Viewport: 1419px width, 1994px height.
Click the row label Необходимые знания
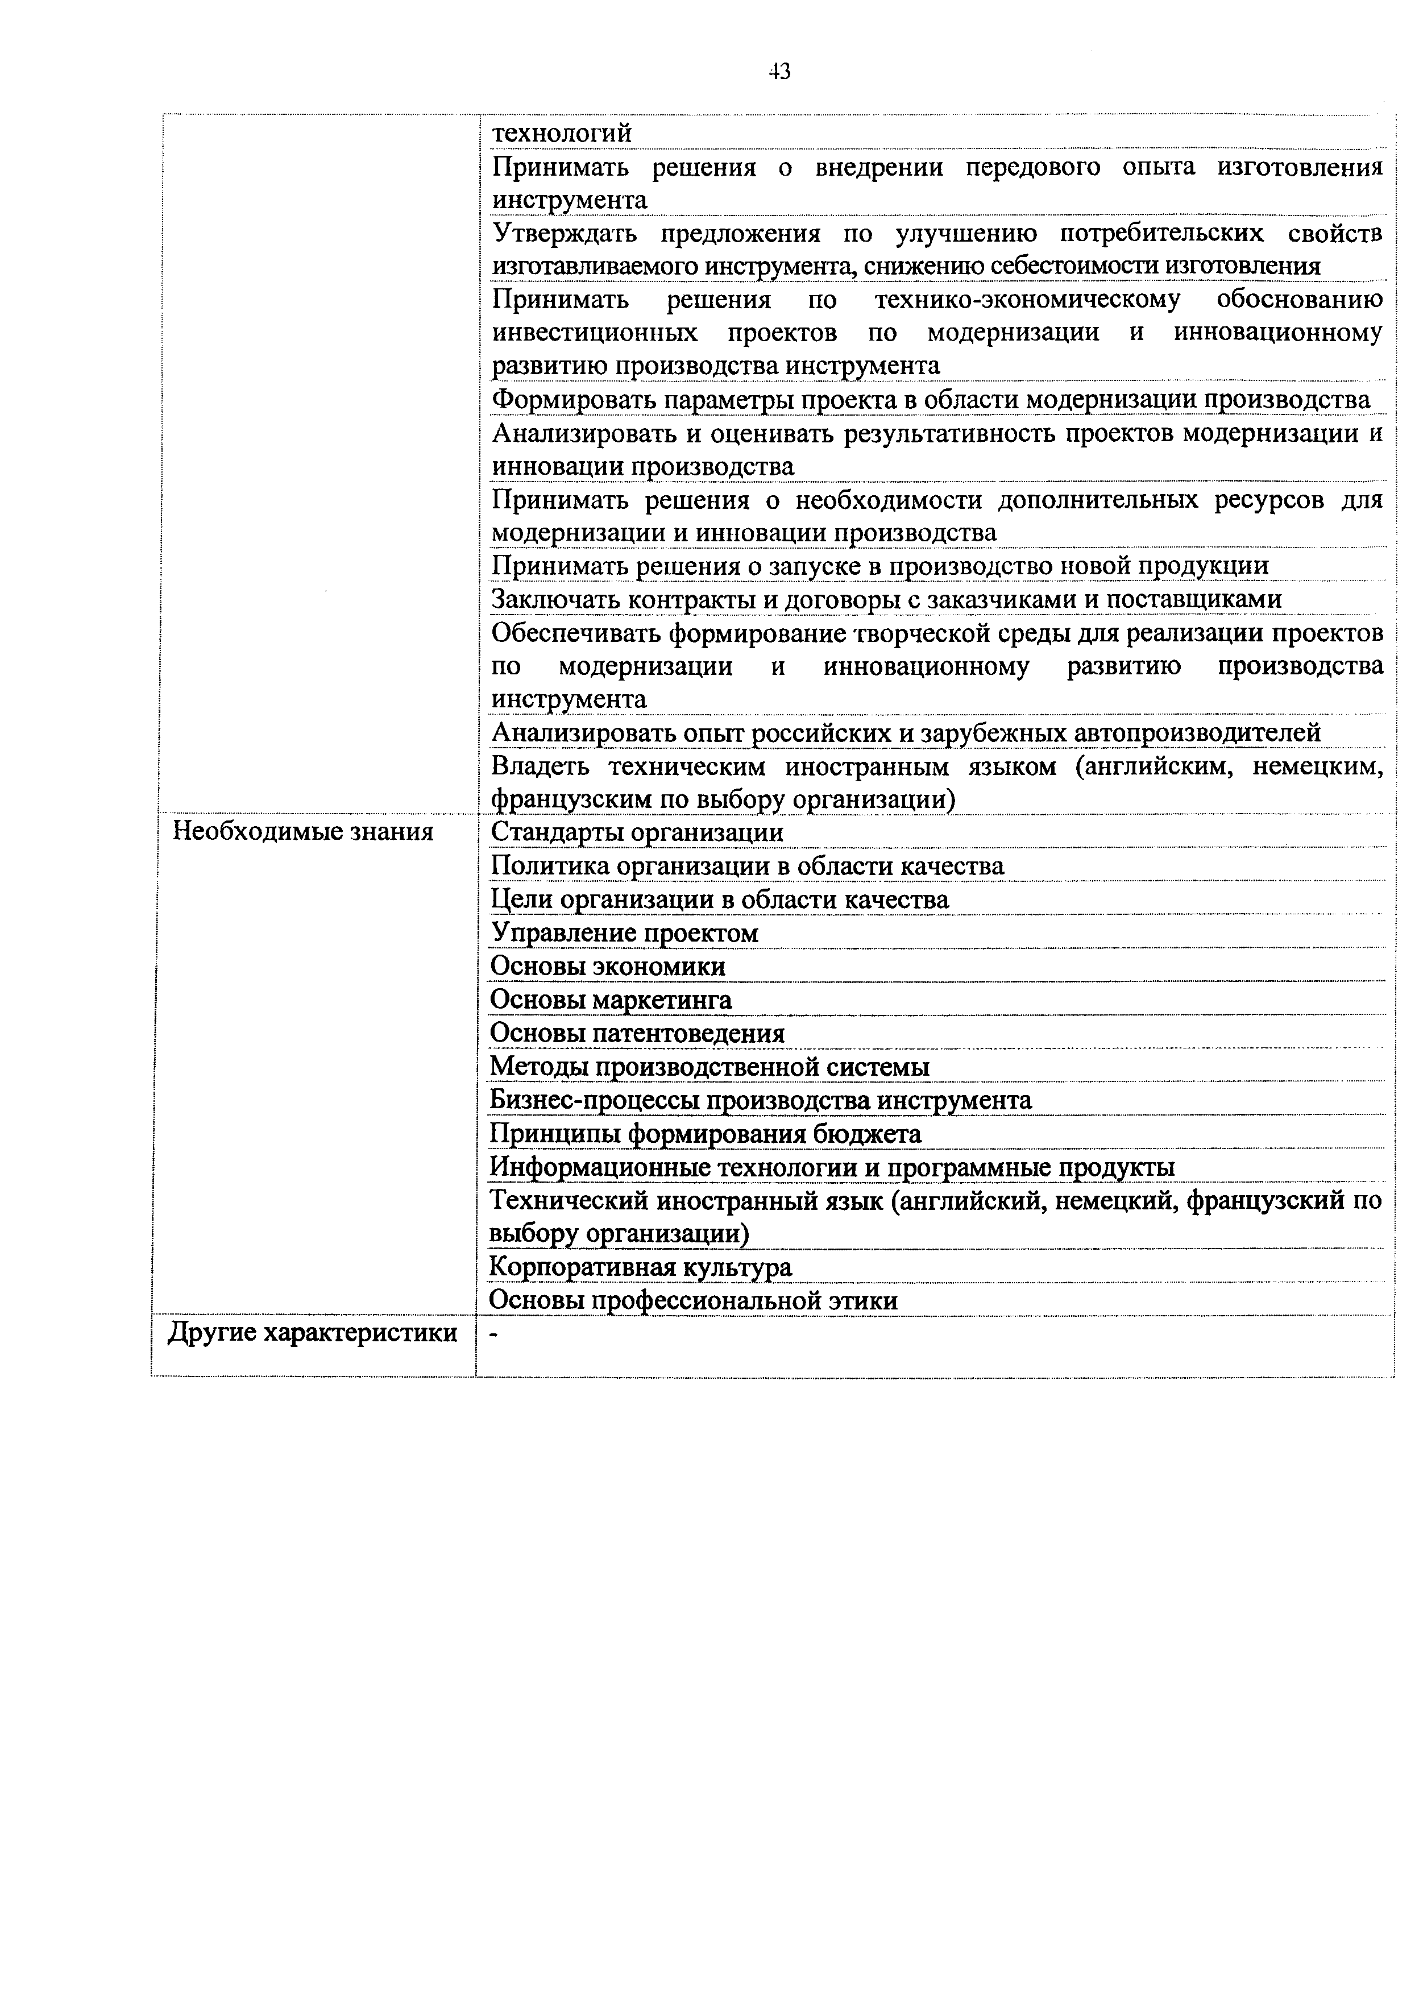pos(302,831)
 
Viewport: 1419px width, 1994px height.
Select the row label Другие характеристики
pos(312,1333)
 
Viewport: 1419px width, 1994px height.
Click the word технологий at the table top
pos(561,134)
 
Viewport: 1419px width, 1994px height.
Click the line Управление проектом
pos(624,933)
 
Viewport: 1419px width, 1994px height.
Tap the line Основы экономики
pos(607,967)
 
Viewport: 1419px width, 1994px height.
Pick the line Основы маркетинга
pos(611,1000)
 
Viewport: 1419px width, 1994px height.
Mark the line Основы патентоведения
pos(637,1034)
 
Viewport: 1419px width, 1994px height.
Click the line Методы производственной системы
pos(709,1067)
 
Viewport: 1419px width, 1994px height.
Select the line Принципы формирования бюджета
pos(705,1134)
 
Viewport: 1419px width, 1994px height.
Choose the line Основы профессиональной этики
pos(693,1301)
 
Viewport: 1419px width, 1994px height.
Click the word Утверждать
pos(565,233)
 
